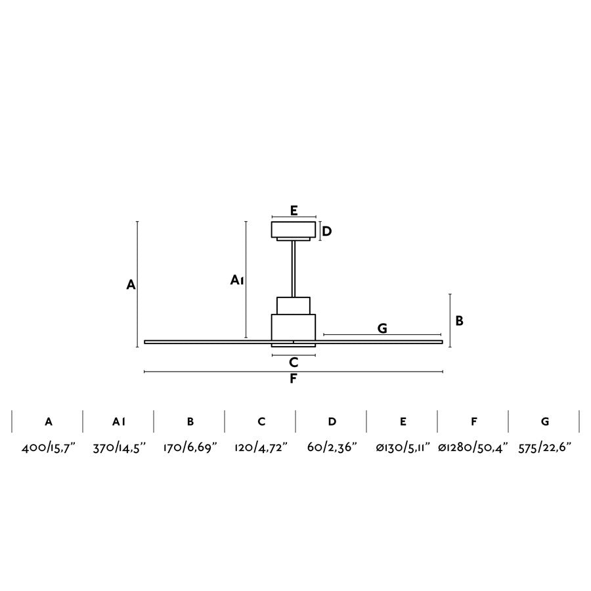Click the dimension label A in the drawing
131,285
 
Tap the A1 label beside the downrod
238,280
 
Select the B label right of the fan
460,320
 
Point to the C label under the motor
294,362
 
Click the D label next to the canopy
327,231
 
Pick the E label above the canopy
294,210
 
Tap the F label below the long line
294,379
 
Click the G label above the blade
382,328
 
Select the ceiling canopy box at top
294,230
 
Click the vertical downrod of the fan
294,269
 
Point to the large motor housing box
294,326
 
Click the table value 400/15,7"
48,448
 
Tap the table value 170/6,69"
190,448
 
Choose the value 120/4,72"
261,448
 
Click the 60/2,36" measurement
332,448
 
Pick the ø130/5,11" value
403,448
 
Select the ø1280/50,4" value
473,448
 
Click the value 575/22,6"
544,448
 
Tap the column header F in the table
473,422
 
